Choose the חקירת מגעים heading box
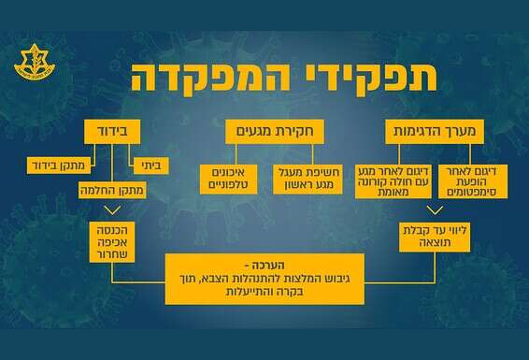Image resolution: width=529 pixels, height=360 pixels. pos(265,133)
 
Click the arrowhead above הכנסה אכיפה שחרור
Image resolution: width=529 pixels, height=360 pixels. pos(112,216)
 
